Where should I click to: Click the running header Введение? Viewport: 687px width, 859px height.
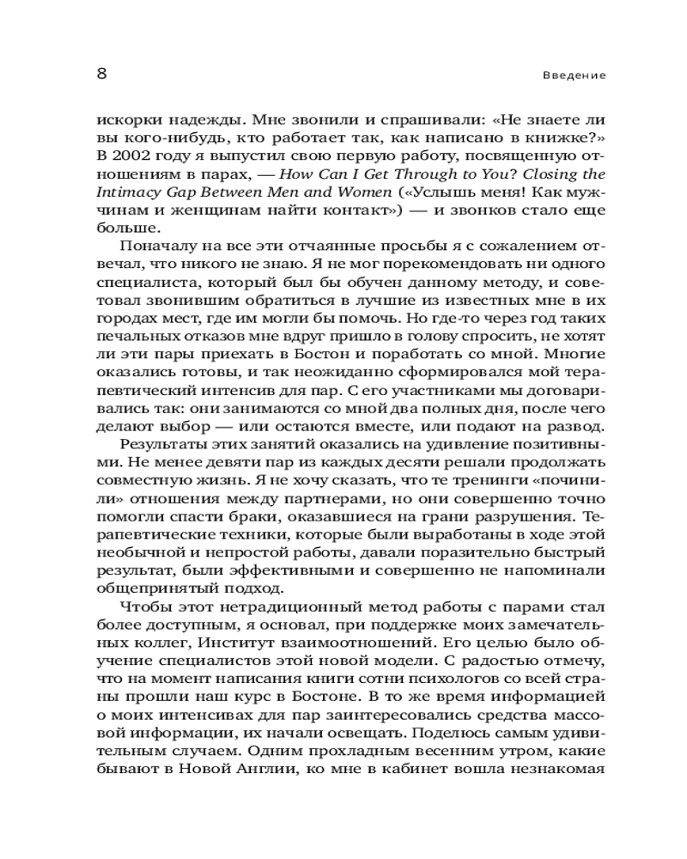point(575,76)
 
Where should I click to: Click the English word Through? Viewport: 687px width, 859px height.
point(404,175)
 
